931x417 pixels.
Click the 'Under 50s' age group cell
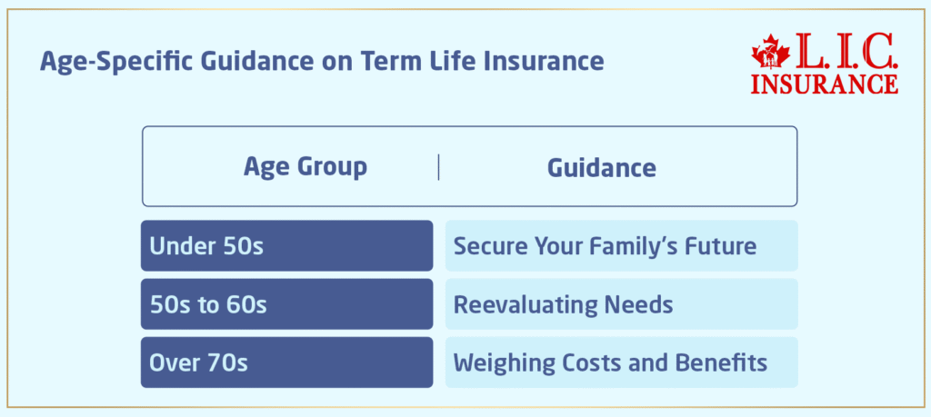pos(286,245)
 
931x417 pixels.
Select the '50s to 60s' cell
pos(286,303)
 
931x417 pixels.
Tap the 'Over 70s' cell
pos(286,362)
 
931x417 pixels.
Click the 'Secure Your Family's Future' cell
pos(621,245)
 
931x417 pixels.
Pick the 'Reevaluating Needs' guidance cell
pos(621,303)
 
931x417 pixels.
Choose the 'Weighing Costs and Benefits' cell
pos(621,362)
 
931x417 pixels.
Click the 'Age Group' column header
pos(305,167)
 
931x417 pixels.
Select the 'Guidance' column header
pos(601,167)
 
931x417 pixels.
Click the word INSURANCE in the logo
pos(825,84)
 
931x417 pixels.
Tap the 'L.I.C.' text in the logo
pos(842,53)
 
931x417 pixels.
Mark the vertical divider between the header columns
pos(438,167)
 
